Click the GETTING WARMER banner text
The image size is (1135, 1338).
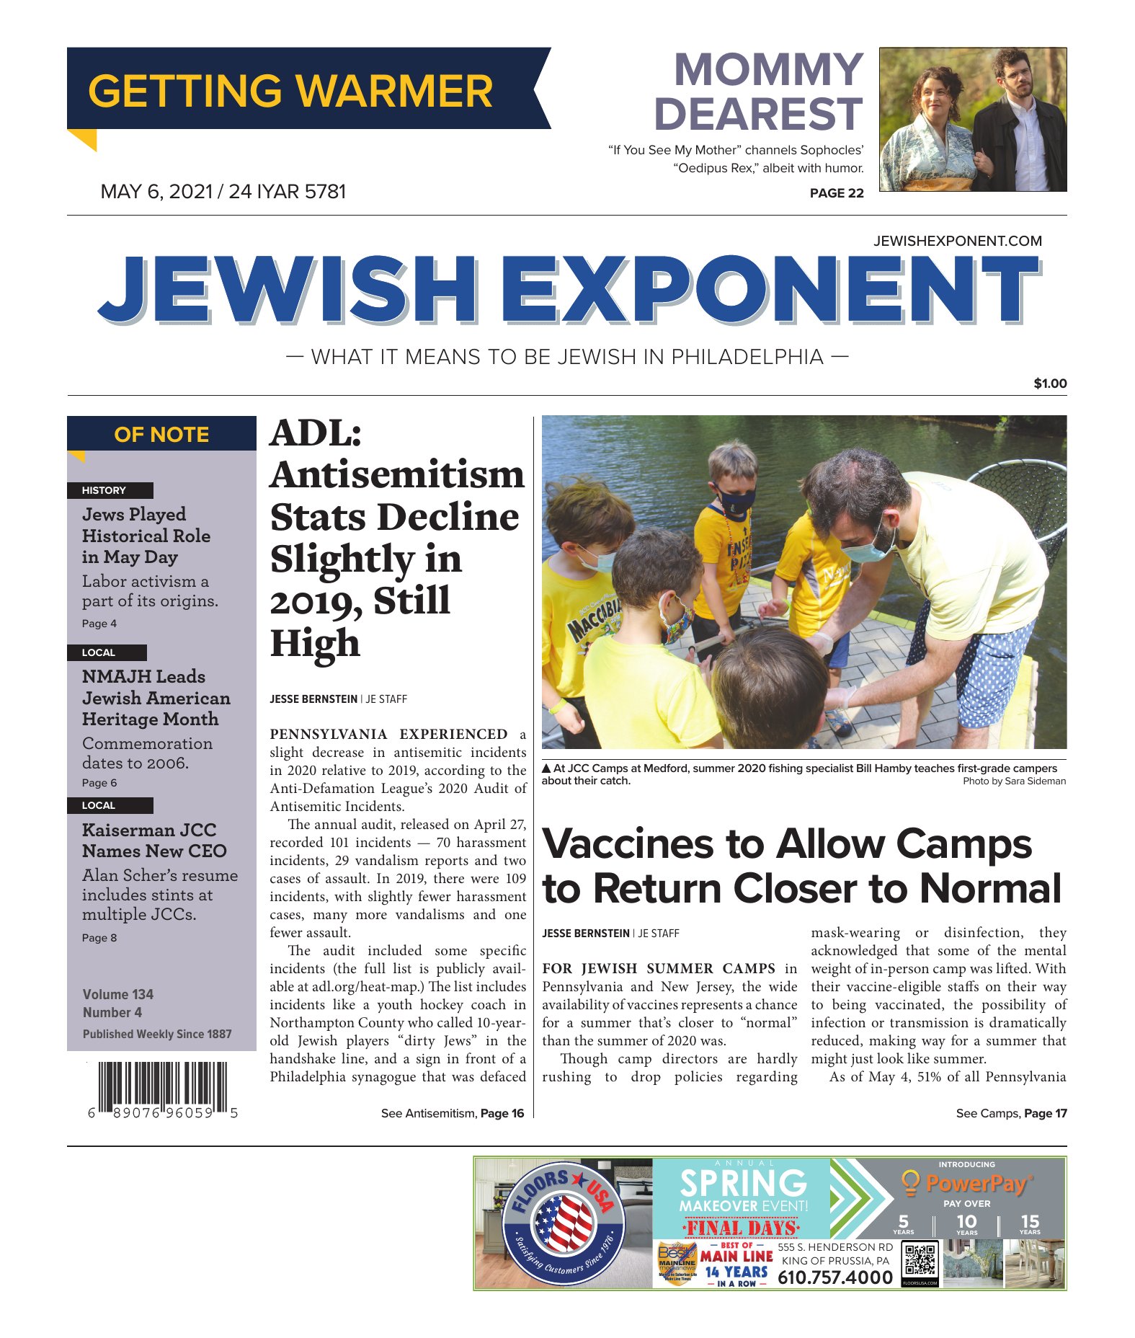coord(290,91)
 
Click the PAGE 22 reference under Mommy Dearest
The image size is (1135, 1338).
coord(836,192)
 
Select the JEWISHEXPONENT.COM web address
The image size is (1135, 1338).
coord(957,241)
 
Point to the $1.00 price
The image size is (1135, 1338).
coord(1049,384)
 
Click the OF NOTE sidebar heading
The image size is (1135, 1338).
coord(161,435)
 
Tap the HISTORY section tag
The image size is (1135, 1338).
coord(104,490)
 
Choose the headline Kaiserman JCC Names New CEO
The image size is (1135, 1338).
coord(153,841)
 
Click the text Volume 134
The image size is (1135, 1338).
coord(117,994)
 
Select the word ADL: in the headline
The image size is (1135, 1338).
coord(316,434)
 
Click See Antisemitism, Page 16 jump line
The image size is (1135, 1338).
coord(452,1113)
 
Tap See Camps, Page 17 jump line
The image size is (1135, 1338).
coord(1010,1113)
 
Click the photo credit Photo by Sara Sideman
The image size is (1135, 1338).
coord(1014,781)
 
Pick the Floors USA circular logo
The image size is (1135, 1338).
coord(563,1223)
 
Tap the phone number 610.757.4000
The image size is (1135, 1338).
coord(834,1278)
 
